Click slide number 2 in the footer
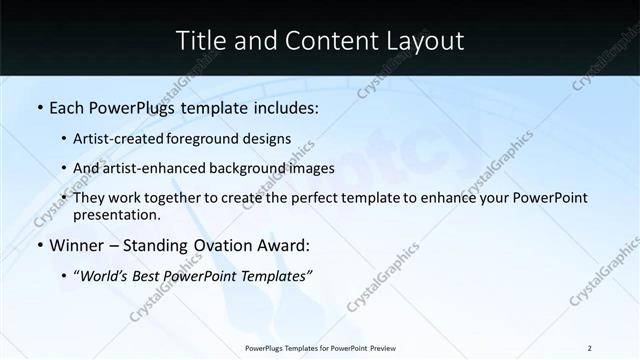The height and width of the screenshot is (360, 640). click(589, 348)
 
